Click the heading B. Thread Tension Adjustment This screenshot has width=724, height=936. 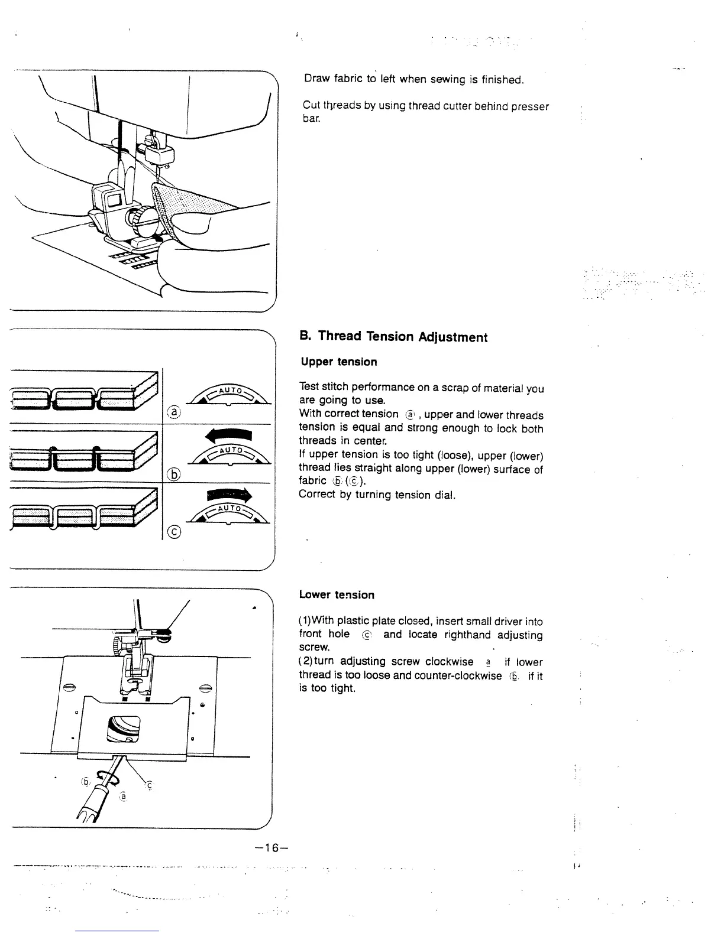393,337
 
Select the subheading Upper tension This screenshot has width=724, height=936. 338,362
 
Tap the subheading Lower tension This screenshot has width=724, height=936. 337,595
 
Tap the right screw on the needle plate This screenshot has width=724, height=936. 206,687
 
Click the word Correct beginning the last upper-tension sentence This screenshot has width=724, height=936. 317,495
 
